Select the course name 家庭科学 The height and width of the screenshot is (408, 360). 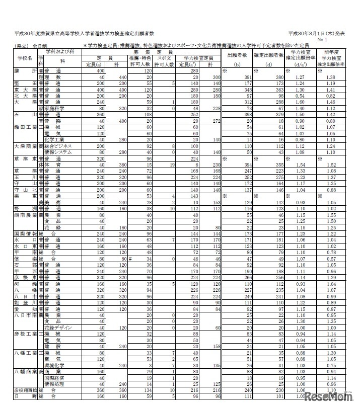pos(56,108)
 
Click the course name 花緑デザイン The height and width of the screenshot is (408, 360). pos(59,328)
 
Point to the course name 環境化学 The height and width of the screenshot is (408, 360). pos(56,366)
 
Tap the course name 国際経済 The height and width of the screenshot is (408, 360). pos(56,377)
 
